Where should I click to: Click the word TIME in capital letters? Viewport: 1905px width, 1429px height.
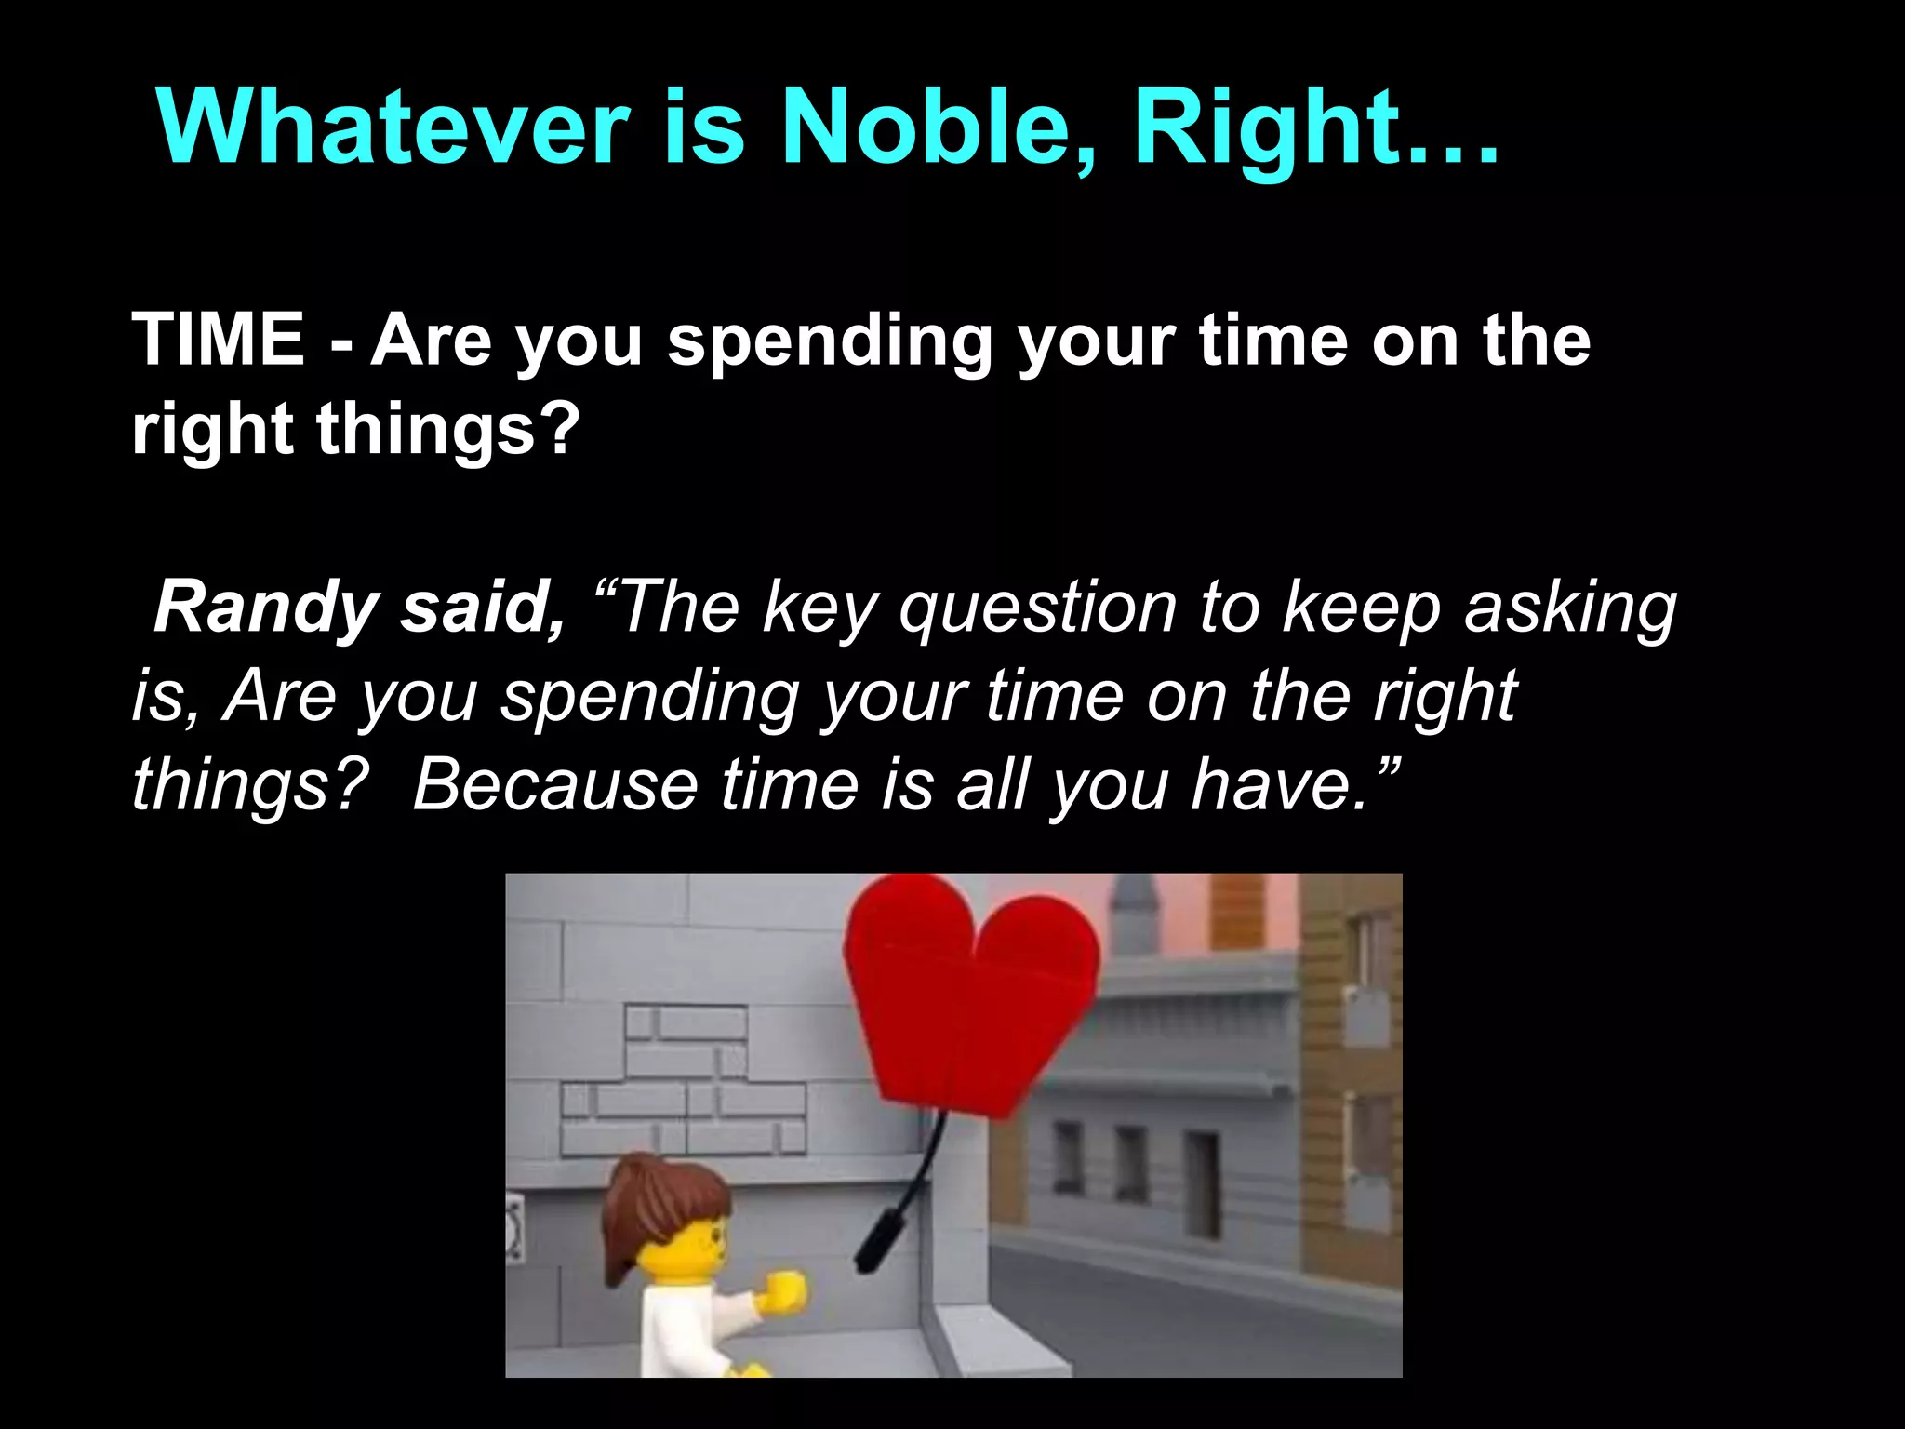point(219,340)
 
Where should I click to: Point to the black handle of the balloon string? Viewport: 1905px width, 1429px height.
point(879,1237)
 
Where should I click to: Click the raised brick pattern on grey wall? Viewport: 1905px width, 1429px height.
point(684,1079)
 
